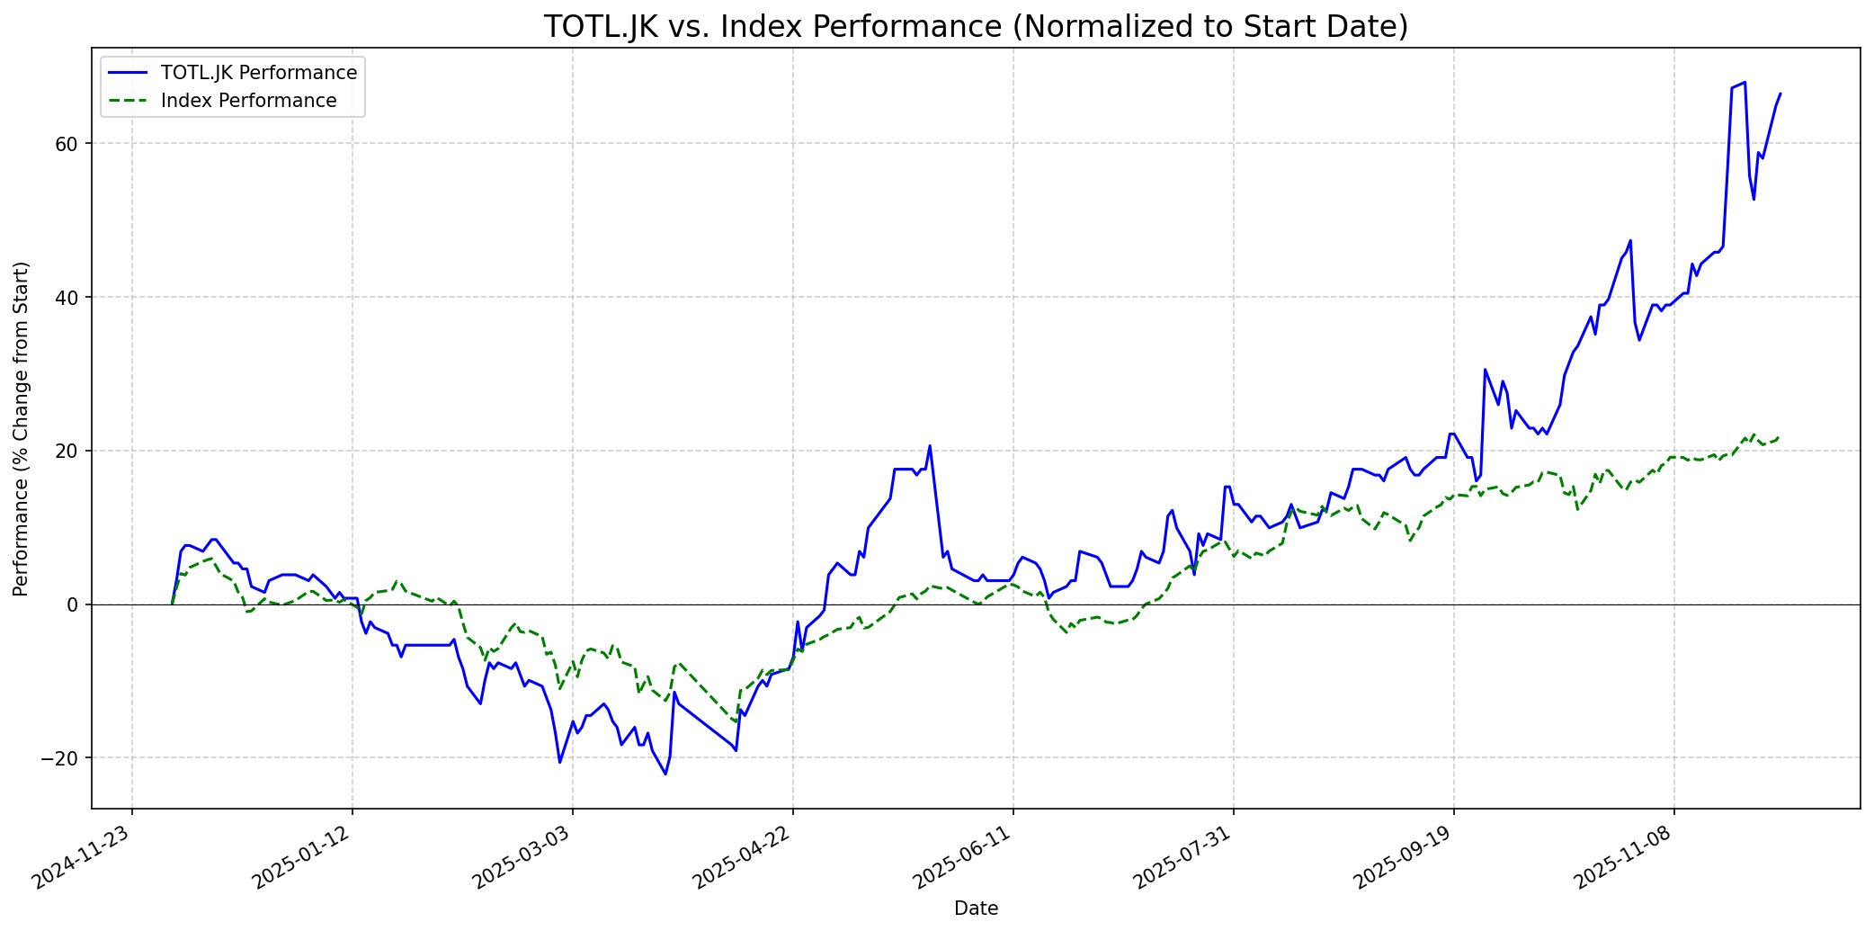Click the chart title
coord(976,27)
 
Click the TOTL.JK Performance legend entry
coord(259,73)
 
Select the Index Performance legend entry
coord(248,101)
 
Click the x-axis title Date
coord(976,909)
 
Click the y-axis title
coord(22,428)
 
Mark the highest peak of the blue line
coord(1745,83)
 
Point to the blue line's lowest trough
coord(665,774)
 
